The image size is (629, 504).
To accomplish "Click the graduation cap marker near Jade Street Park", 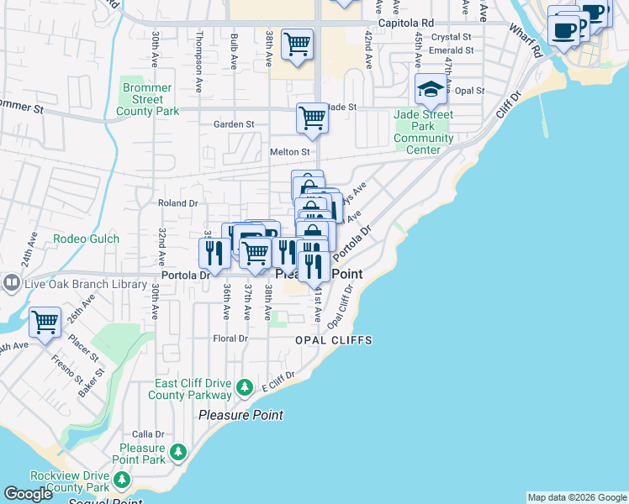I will pos(431,89).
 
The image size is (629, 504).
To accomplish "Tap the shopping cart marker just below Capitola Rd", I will pos(297,44).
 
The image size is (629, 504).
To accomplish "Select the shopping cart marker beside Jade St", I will pos(312,118).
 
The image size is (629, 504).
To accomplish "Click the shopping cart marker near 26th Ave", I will pos(45,322).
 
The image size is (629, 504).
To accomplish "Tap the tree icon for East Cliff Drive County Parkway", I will pos(244,387).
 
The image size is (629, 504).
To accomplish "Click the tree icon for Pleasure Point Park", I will pos(177,453).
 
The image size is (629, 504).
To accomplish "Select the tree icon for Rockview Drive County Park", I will pos(122,480).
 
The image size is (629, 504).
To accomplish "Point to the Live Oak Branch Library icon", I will pos(11,284).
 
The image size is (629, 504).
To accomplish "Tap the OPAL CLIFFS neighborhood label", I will pos(333,340).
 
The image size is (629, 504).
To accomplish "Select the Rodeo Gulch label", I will pos(86,239).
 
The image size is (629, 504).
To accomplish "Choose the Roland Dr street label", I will pos(177,202).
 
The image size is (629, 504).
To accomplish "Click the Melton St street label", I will pos(289,152).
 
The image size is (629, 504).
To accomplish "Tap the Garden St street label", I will pos(234,124).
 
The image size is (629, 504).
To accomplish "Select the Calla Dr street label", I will pos(148,433).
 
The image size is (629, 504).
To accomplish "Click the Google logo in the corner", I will pos(29,494).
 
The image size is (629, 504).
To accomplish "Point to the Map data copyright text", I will pos(576,497).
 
